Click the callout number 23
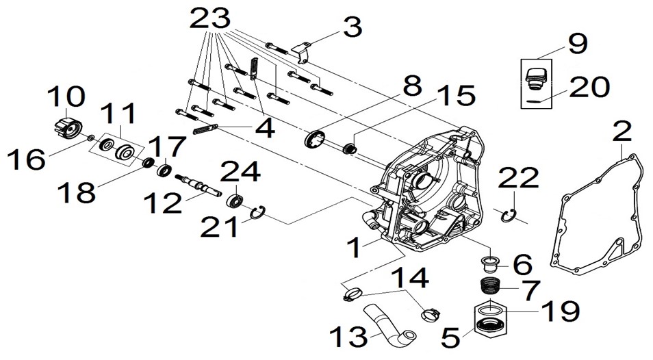[210, 18]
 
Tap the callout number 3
[353, 27]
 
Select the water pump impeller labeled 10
[66, 122]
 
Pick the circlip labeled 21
[258, 213]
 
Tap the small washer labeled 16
[91, 137]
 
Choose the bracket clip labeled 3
[303, 53]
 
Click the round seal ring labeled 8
[316, 139]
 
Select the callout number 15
[457, 95]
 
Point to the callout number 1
[355, 247]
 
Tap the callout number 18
[76, 192]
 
